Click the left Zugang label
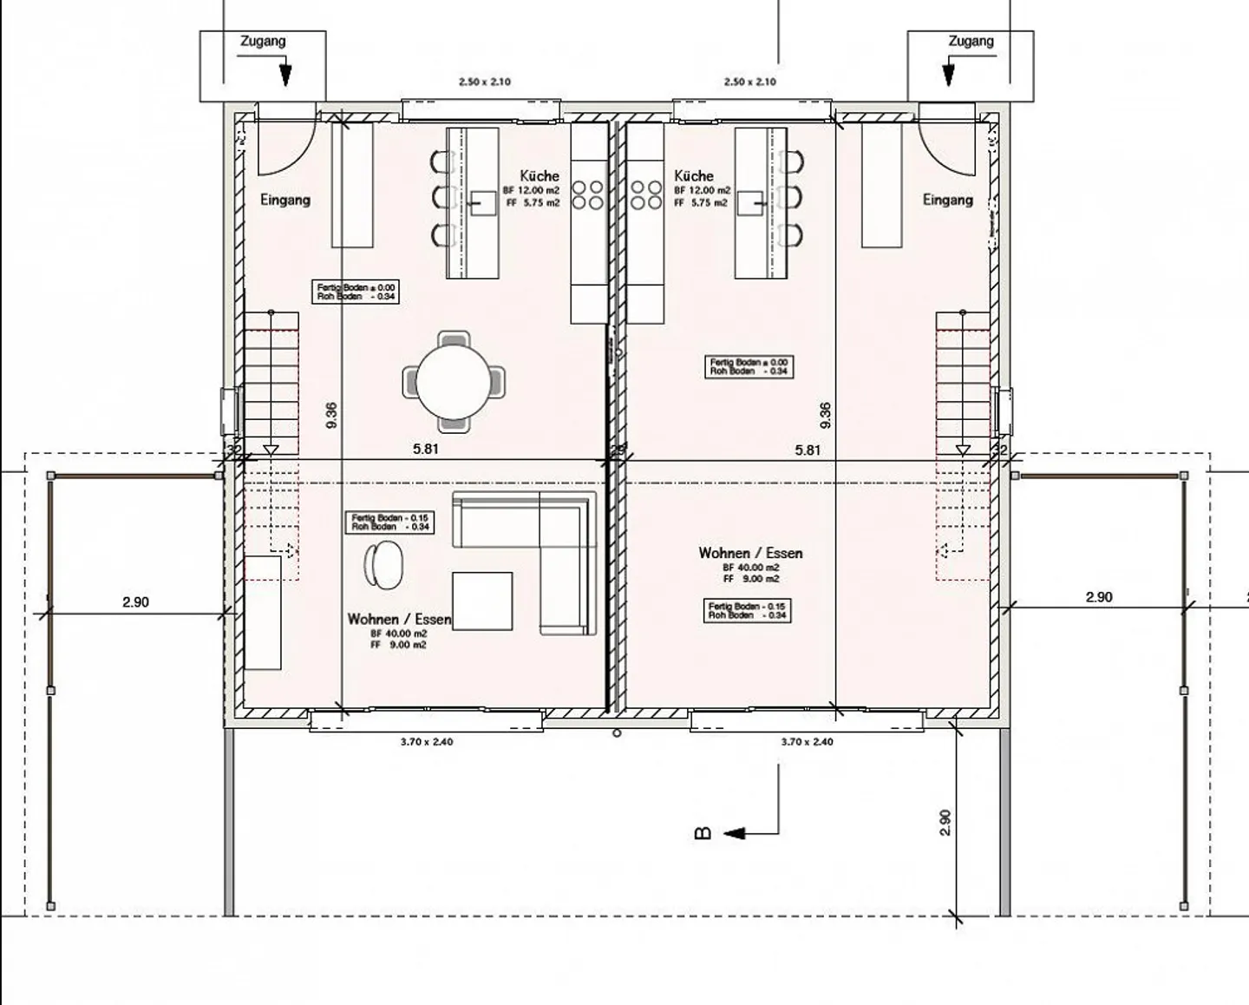[262, 41]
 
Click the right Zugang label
[971, 41]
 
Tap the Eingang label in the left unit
[284, 200]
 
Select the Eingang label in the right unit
[947, 200]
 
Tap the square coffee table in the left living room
[482, 601]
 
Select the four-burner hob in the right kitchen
[646, 195]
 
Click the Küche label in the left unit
[539, 175]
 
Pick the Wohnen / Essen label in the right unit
[750, 553]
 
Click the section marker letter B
[703, 833]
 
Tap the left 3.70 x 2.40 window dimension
[427, 742]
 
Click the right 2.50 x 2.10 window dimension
[750, 82]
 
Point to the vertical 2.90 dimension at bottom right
[945, 823]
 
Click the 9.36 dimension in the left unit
[331, 416]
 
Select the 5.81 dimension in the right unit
[808, 450]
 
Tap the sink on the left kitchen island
[482, 203]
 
